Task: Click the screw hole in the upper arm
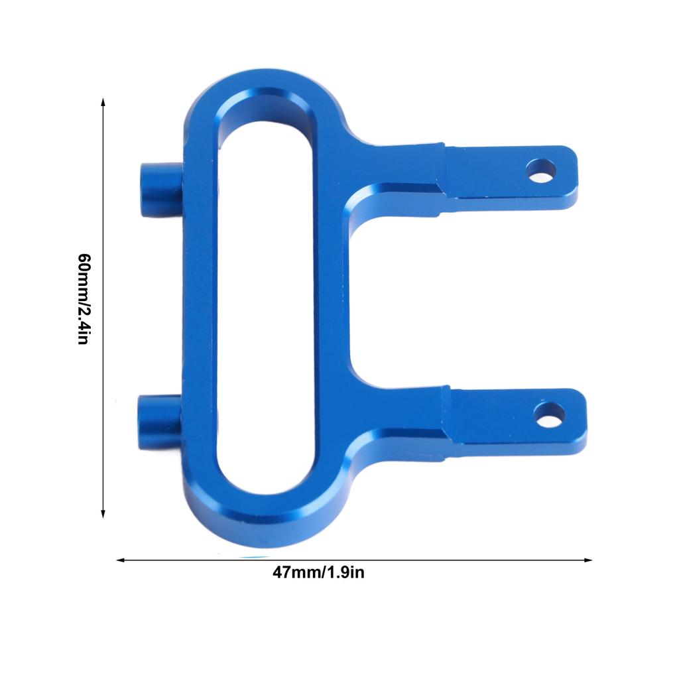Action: click(541, 170)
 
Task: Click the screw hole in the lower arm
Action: click(549, 414)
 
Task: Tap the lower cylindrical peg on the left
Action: click(159, 422)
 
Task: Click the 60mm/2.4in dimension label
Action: click(84, 299)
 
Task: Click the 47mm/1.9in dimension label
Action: click(318, 572)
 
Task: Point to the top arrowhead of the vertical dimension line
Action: click(103, 101)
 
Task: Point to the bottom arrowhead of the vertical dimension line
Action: click(103, 514)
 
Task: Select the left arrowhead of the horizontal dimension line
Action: click(121, 560)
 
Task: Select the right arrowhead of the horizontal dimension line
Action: click(588, 560)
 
